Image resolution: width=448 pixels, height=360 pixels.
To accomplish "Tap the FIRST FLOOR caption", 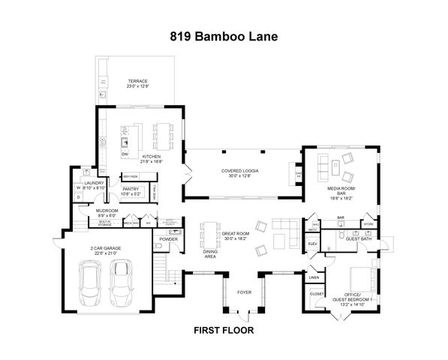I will point(224,329).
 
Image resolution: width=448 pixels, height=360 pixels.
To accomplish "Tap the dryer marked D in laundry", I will point(78,197).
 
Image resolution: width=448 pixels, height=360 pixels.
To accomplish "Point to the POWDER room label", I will point(168,239).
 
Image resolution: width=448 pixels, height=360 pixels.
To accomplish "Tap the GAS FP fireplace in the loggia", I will point(298,175).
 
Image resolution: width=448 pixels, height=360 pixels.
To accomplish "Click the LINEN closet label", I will point(314,277).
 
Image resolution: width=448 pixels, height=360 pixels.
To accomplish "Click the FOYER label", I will point(245,292).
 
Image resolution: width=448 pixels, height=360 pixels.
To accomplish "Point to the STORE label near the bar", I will point(368,223).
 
